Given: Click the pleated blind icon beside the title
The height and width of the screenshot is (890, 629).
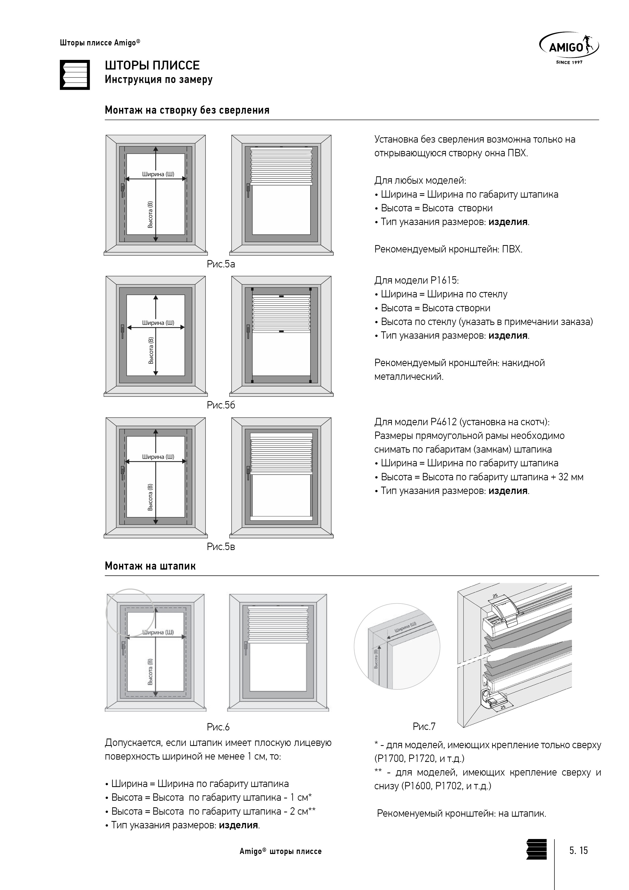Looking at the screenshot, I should coord(75,75).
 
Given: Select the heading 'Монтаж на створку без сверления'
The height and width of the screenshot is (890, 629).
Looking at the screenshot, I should coord(187,110).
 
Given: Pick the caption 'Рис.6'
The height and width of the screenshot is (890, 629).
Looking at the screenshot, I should coord(218,727).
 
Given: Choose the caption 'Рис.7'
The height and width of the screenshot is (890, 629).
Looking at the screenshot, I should coord(424,726).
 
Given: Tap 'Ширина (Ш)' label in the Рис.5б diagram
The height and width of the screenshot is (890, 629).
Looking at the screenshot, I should coord(158,322).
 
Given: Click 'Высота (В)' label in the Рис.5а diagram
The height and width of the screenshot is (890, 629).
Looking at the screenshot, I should coord(150,214).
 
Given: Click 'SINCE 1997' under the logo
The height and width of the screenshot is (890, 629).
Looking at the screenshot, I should coord(569,62).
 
